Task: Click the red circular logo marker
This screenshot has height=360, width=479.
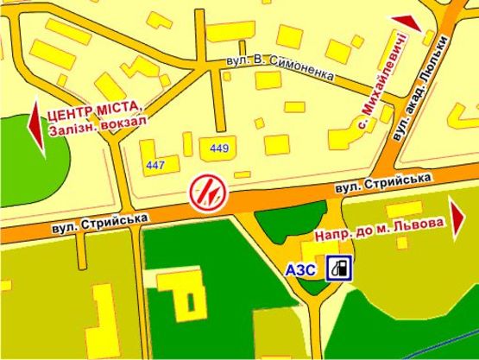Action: point(210,191)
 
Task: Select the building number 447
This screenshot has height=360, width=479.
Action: point(156,165)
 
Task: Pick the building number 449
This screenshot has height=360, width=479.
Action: point(218,148)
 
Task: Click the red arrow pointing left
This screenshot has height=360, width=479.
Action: point(35,129)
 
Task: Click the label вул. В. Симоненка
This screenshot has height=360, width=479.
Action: point(280,68)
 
